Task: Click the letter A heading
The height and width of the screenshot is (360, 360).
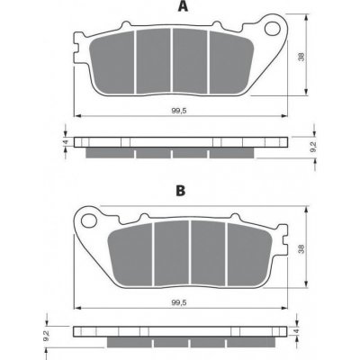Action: click(183, 6)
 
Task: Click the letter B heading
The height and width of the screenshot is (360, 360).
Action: click(181, 190)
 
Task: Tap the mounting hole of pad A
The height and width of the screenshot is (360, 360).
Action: click(273, 28)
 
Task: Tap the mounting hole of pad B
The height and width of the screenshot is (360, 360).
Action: click(88, 220)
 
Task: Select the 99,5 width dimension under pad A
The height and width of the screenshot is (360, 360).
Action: click(179, 111)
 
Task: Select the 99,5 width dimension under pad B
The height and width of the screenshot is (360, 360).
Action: click(179, 302)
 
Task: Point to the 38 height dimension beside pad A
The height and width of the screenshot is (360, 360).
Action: click(301, 57)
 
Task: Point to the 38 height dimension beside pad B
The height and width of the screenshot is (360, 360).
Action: click(301, 248)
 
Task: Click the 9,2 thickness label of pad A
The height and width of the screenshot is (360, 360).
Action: click(312, 147)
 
